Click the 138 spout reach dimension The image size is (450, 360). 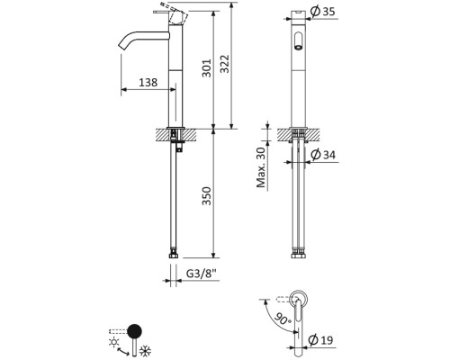(148, 82)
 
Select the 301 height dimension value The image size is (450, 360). (207, 68)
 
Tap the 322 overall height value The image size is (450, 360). (224, 64)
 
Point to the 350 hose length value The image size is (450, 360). (207, 196)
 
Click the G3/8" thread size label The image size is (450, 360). (201, 274)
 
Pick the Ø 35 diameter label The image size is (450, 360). (323, 12)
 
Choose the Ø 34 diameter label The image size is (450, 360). (323, 155)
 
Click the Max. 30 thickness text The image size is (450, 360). (261, 167)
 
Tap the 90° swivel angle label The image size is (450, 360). (283, 318)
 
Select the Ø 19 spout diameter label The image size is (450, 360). (320, 340)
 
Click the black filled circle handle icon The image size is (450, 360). (134, 331)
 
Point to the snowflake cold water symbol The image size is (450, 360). (146, 351)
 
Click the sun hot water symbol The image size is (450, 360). (114, 343)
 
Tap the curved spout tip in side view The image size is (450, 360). (122, 46)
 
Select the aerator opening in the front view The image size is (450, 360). (298, 48)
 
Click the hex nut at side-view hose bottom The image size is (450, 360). (174, 256)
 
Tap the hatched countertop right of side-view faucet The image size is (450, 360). (189, 134)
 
